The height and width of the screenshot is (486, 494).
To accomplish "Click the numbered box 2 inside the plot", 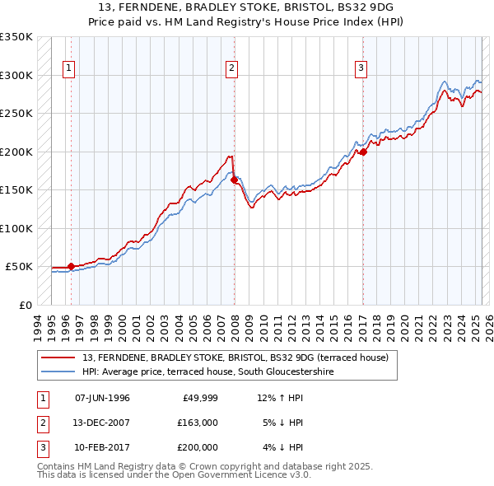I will [x=232, y=68].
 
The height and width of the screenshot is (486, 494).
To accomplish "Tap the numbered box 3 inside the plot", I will [x=361, y=68].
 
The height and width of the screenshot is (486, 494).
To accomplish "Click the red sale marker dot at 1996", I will [x=71, y=266].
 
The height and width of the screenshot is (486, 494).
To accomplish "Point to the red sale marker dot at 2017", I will [x=363, y=152].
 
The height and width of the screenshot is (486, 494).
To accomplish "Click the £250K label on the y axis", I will [x=16, y=114].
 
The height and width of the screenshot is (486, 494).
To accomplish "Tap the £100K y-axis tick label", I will [x=16, y=228].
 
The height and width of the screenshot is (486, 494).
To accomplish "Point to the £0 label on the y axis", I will [x=24, y=305].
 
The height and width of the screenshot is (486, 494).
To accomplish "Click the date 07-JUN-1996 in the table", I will [x=102, y=398].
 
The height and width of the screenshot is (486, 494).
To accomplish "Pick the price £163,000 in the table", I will [x=198, y=423].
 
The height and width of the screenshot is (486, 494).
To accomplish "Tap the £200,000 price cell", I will [x=198, y=447].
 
